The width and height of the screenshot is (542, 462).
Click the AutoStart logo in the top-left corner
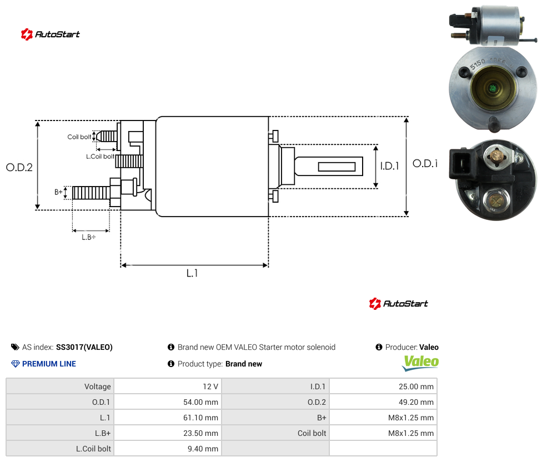click(x=50, y=34)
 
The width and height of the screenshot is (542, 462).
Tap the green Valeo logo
click(x=420, y=363)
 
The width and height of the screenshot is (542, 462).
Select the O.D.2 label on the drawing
click(x=19, y=167)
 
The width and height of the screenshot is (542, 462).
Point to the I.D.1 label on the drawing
click(x=390, y=166)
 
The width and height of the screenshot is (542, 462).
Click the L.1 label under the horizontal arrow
click(x=192, y=273)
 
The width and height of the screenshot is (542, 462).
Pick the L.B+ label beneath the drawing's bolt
click(x=89, y=237)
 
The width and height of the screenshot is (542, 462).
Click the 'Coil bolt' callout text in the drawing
click(x=79, y=137)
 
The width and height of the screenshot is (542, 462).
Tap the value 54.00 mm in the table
click(x=200, y=402)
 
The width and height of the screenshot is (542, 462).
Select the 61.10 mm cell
click(x=200, y=418)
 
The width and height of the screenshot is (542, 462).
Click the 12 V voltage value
click(x=210, y=386)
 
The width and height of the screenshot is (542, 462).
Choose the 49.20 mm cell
click(x=416, y=402)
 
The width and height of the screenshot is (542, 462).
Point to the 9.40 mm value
click(x=203, y=449)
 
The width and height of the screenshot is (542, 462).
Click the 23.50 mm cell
click(x=200, y=433)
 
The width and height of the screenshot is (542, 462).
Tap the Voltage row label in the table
click(x=98, y=386)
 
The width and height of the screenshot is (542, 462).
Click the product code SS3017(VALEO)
click(x=84, y=347)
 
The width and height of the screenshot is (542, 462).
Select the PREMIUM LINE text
click(x=49, y=364)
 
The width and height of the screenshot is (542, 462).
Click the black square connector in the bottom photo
click(x=461, y=164)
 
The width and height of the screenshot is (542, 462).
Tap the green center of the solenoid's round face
click(x=493, y=89)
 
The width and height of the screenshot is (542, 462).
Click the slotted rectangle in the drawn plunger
click(x=337, y=167)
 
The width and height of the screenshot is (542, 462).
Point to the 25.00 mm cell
click(x=416, y=386)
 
